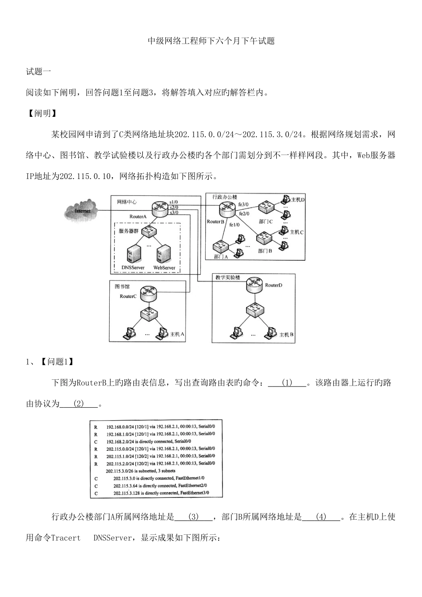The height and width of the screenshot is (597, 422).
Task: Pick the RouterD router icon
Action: coord(255,285)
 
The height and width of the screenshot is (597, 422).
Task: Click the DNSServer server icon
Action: coord(133,255)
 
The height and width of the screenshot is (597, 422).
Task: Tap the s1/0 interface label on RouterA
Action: coord(174,202)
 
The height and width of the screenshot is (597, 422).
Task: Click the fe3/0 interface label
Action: coord(244,204)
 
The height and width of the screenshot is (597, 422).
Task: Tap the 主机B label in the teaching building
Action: coord(286,334)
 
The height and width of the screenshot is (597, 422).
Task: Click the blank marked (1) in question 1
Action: coord(287,383)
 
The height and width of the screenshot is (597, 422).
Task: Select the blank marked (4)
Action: coord(321,517)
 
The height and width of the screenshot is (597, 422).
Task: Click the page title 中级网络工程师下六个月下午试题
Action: coord(211,41)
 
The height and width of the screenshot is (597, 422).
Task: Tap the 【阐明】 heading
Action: coord(42,113)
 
